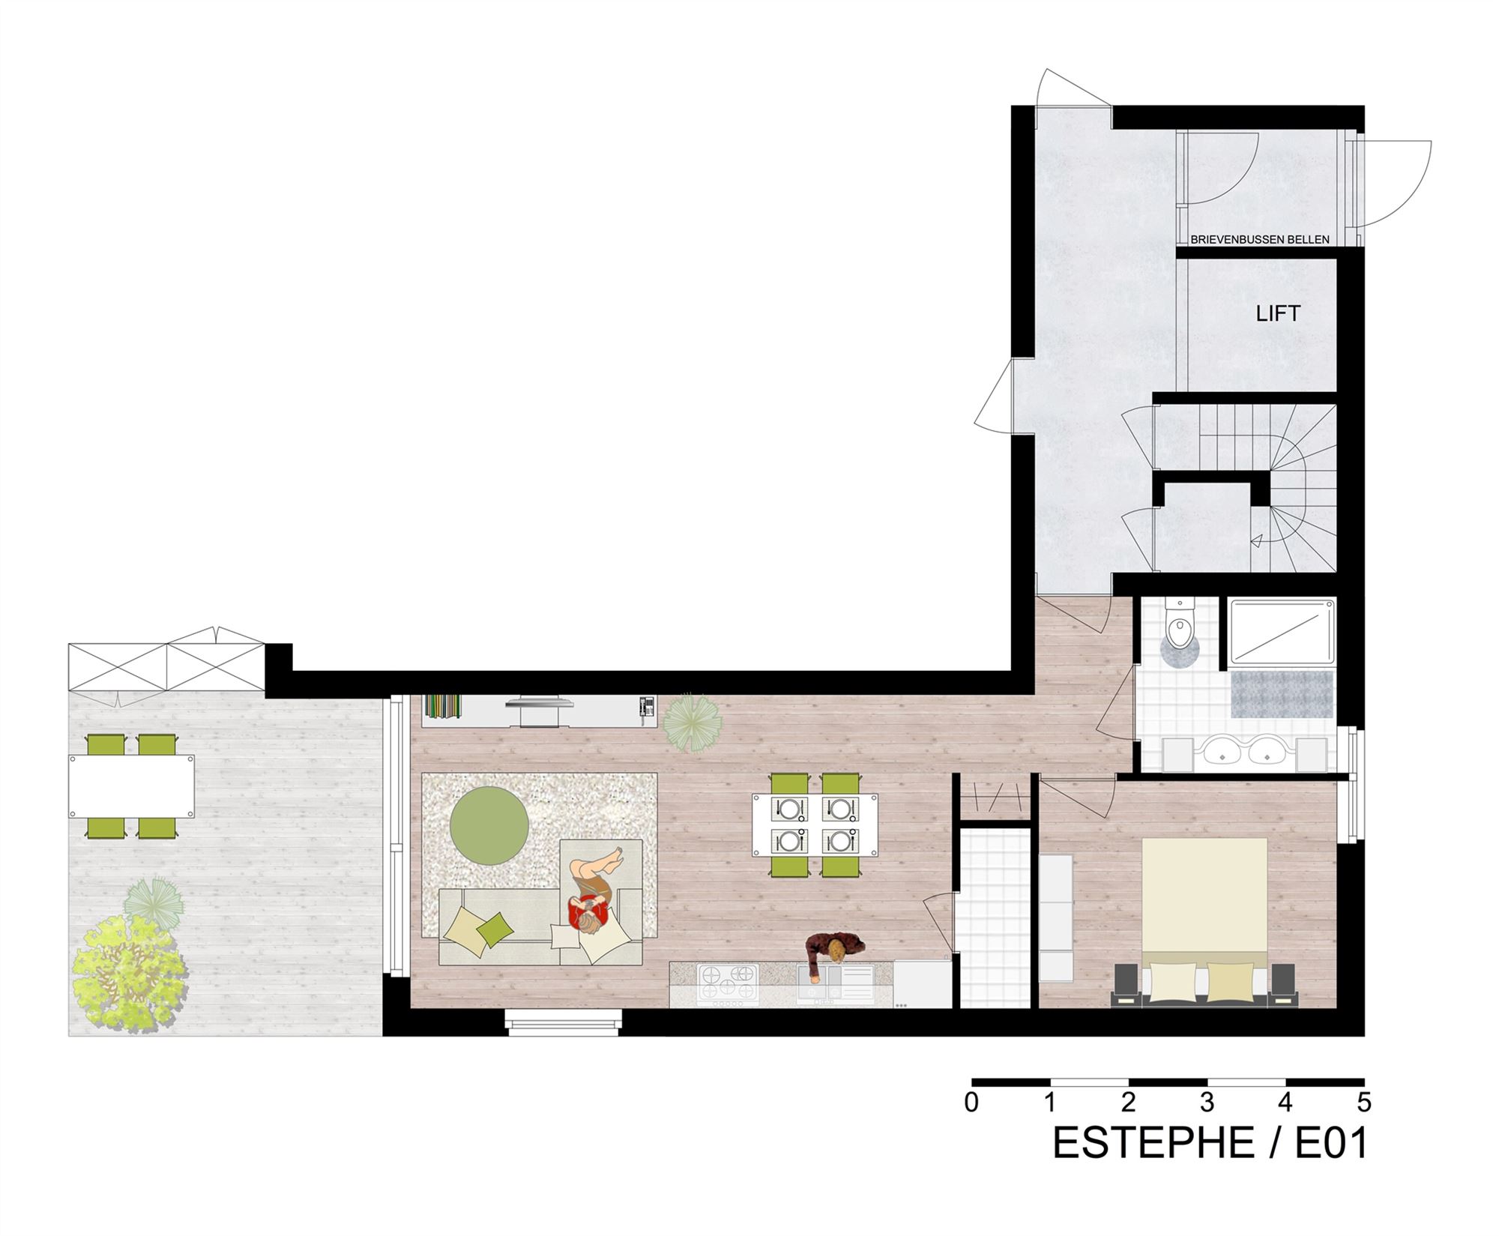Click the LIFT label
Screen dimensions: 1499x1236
pos(1278,313)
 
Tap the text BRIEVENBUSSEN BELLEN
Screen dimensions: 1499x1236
pos(1260,240)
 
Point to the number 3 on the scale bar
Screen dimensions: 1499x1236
pos(1207,1103)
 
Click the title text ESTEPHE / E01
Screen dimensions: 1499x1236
pos(1210,1144)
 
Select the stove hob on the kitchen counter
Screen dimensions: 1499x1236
pos(728,985)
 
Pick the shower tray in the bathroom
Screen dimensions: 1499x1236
pos(1282,633)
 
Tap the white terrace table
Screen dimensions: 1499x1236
pos(132,786)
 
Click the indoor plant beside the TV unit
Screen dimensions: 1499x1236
pos(693,723)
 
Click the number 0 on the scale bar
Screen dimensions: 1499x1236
pos(971,1103)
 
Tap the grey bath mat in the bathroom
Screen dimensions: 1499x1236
pos(1282,693)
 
